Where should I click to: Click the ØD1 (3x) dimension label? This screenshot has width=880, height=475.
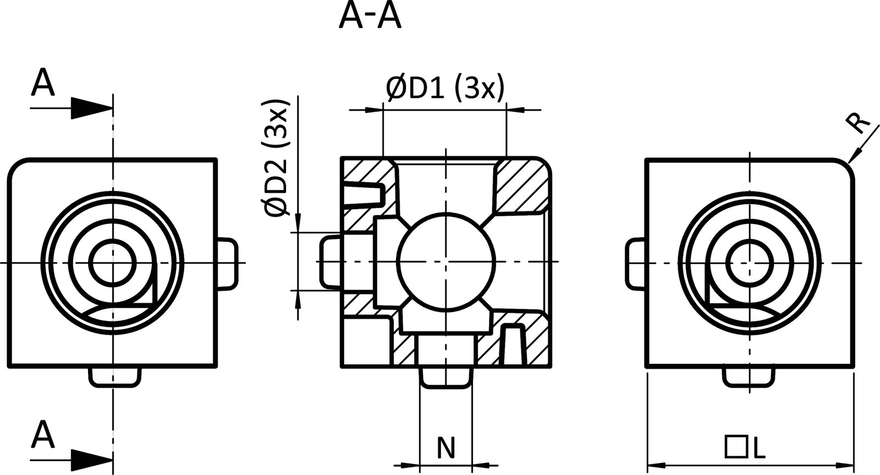point(444,89)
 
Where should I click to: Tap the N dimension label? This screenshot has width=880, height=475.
point(446,448)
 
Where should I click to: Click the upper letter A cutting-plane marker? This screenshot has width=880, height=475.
point(43,84)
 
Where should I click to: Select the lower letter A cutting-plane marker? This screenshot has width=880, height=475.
point(43,435)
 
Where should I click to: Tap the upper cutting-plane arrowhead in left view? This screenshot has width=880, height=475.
point(91,108)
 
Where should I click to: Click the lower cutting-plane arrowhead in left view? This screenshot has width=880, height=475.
point(91,458)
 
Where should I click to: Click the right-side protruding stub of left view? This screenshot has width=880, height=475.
point(227,263)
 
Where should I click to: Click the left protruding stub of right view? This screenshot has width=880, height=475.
point(637,263)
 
